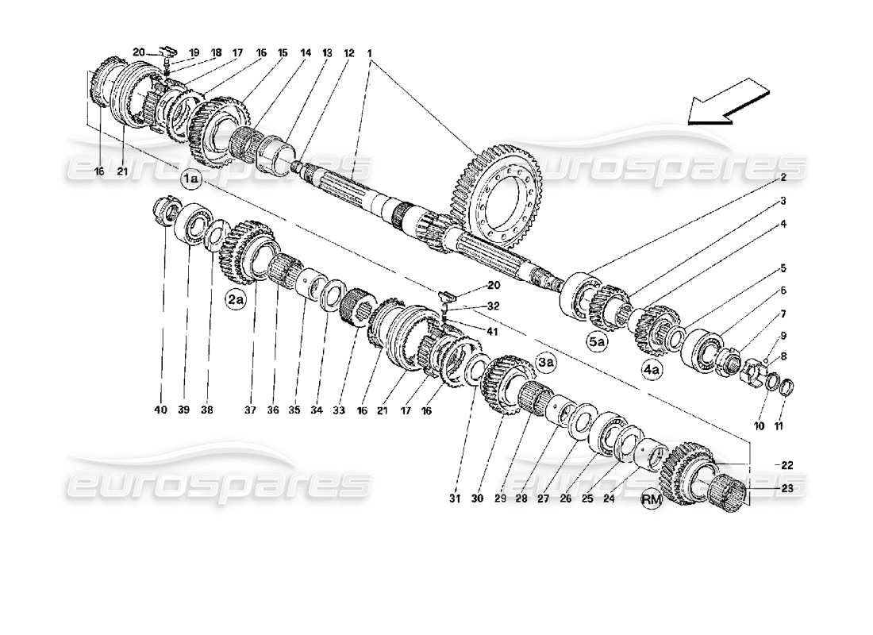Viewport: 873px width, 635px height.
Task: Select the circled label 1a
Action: click(x=192, y=180)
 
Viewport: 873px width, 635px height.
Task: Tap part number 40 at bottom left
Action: click(x=161, y=410)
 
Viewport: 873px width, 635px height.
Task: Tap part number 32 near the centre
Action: click(x=493, y=305)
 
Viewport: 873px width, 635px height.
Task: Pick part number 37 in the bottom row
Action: click(x=251, y=410)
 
